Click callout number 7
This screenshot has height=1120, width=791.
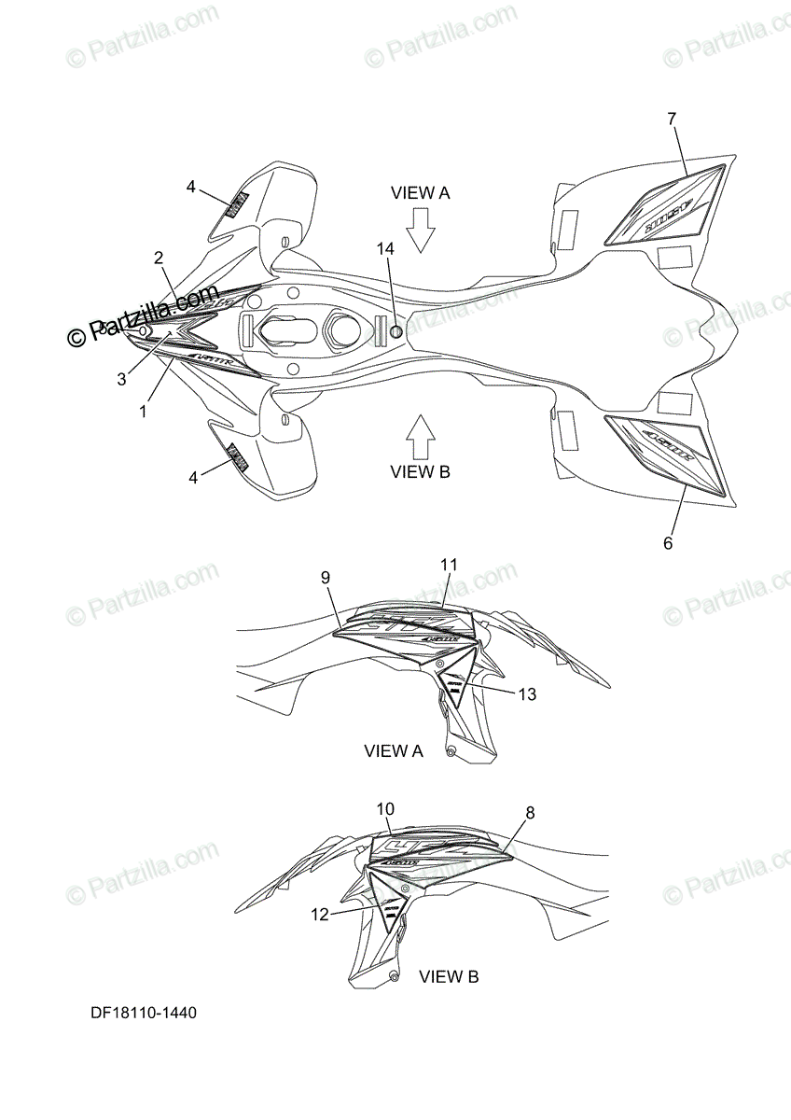672,119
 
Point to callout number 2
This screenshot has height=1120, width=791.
159,258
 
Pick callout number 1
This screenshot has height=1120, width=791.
143,410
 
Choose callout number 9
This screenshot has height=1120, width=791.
326,578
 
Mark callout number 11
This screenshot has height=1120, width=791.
450,564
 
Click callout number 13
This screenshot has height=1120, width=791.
526,693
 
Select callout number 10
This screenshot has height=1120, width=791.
386,807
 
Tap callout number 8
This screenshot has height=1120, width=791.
530,812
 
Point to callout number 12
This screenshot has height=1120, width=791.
320,915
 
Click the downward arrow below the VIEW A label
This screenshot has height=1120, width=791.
421,230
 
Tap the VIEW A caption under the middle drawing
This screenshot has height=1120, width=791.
394,750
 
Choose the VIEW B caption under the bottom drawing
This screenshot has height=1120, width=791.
449,977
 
